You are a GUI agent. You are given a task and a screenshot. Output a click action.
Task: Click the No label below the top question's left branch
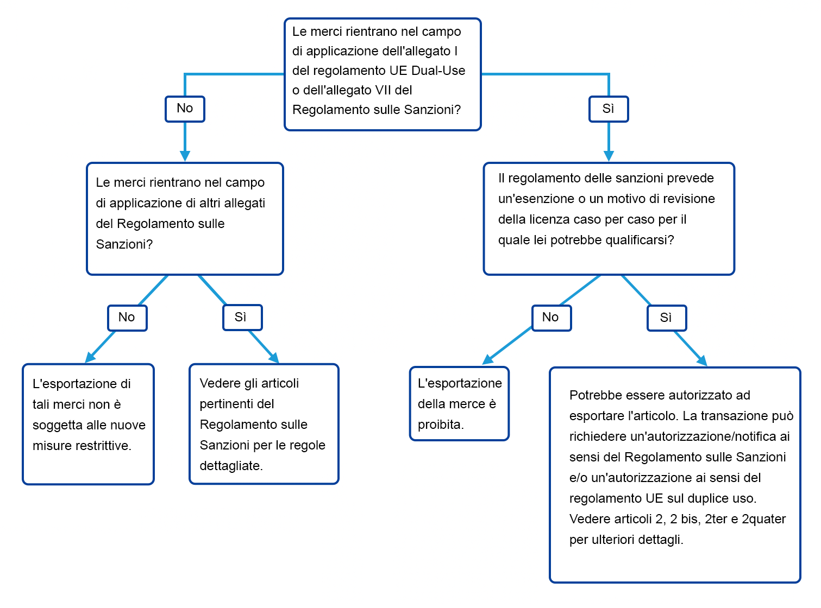pos(185,109)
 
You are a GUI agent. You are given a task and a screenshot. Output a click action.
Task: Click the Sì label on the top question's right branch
pos(608,109)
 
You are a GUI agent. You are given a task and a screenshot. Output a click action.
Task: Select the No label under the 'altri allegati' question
pos(127,318)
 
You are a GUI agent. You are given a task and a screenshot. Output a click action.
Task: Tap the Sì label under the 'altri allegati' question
pos(242,317)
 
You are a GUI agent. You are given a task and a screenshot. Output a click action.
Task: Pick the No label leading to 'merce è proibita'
pos(551,318)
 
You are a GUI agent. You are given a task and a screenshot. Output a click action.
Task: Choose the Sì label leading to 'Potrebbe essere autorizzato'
pos(666,318)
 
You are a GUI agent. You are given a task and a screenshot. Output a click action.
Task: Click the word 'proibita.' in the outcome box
pos(441,425)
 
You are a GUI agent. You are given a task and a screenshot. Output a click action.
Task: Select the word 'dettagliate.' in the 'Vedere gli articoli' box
pos(231,466)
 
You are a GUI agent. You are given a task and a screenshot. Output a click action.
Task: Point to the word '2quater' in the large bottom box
pos(763,519)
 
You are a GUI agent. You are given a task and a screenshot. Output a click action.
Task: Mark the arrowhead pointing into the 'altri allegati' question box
pos(185,156)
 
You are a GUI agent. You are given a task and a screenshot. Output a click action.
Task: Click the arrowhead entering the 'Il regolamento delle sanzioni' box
pos(608,156)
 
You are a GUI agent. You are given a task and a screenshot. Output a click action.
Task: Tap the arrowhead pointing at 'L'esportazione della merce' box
pos(487,359)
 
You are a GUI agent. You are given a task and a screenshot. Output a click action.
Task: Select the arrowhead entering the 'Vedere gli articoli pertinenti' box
pos(274,358)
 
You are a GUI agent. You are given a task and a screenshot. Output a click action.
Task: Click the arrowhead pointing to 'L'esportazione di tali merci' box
pos(90,357)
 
